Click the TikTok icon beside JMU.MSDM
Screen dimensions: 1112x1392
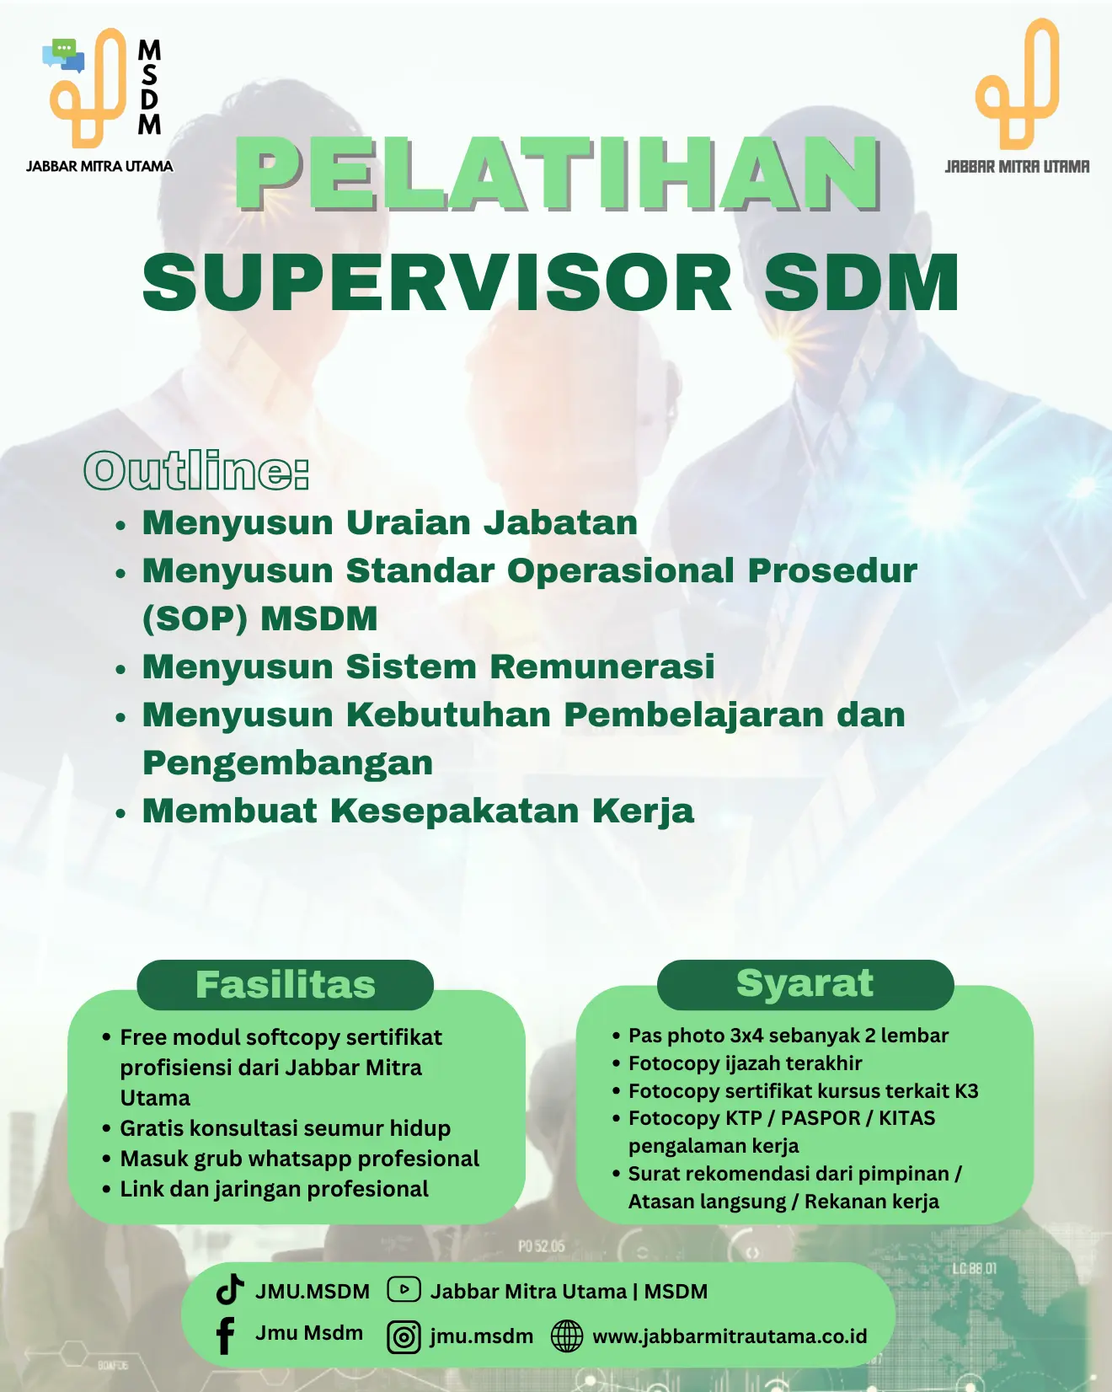(229, 1290)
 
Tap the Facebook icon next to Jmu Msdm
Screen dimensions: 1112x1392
(225, 1336)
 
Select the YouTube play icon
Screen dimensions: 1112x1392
(404, 1289)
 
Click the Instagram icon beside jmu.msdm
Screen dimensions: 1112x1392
(404, 1336)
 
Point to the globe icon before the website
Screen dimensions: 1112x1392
(566, 1336)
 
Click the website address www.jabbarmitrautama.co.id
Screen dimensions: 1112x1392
(730, 1336)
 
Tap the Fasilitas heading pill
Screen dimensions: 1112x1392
(286, 984)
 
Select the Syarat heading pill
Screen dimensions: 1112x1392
(805, 983)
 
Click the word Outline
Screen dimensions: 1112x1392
(196, 470)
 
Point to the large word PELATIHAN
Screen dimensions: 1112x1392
(558, 173)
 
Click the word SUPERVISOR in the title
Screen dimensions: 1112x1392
(437, 283)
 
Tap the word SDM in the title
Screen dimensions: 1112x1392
(861, 283)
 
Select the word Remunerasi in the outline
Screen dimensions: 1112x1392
(602, 667)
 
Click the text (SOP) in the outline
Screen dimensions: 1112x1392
(195, 618)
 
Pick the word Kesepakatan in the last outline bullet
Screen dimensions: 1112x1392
(455, 811)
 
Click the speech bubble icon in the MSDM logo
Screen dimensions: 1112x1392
(63, 55)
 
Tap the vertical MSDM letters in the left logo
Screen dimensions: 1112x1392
(149, 87)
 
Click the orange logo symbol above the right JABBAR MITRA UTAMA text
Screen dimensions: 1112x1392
(1017, 84)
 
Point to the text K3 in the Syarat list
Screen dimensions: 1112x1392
(966, 1091)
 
